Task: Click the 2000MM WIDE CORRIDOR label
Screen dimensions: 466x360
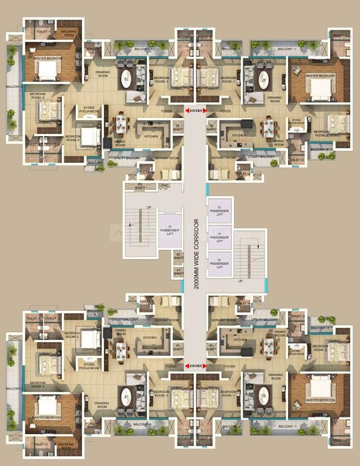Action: (196, 254)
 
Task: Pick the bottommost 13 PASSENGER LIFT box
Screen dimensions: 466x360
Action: (219, 263)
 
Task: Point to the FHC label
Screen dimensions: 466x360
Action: (165, 186)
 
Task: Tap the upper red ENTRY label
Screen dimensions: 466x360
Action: (196, 111)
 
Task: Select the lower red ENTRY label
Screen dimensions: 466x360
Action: (196, 366)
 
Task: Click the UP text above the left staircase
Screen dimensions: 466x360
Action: (133, 207)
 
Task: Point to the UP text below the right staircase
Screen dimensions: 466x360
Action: (240, 280)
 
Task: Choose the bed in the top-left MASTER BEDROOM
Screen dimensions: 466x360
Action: (48, 69)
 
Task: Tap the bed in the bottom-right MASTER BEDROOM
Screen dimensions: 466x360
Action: (319, 388)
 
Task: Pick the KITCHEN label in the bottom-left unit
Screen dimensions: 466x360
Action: (150, 338)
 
